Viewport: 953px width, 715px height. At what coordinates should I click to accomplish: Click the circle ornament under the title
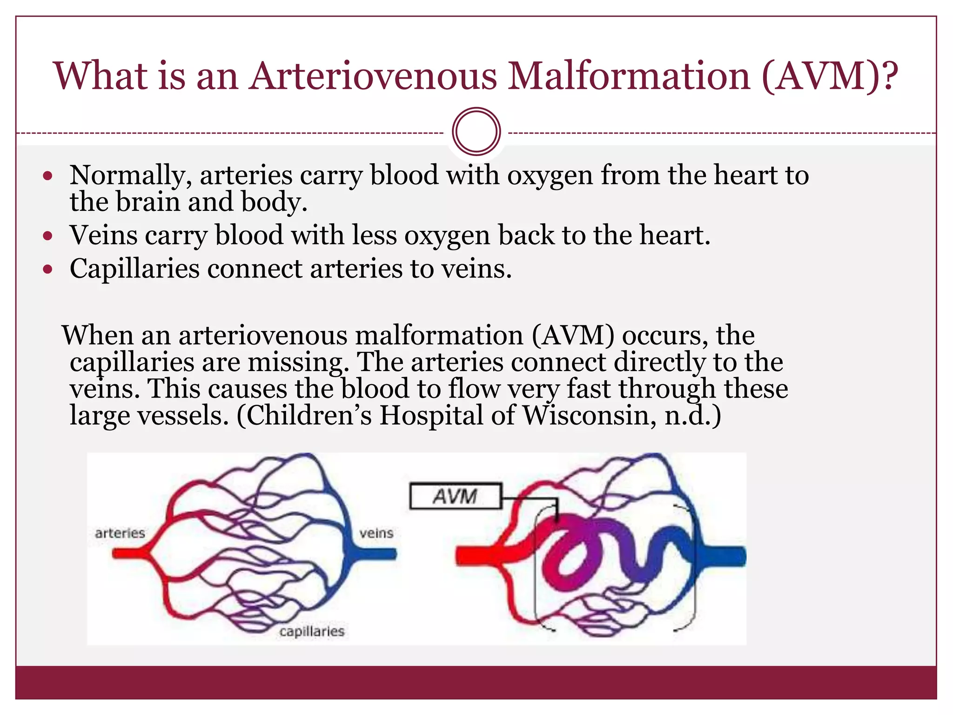(476, 132)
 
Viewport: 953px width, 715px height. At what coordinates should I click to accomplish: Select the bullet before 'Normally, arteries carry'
(47, 176)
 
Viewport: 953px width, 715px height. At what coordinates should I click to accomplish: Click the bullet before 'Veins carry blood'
(47, 236)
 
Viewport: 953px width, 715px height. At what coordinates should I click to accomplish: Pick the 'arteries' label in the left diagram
(120, 533)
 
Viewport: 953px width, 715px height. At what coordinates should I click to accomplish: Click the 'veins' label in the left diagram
(376, 533)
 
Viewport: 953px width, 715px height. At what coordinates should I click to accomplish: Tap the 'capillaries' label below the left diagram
(312, 632)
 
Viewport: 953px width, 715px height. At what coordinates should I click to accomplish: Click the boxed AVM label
(455, 496)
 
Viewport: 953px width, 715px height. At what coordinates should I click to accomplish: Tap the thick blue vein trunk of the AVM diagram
(726, 557)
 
